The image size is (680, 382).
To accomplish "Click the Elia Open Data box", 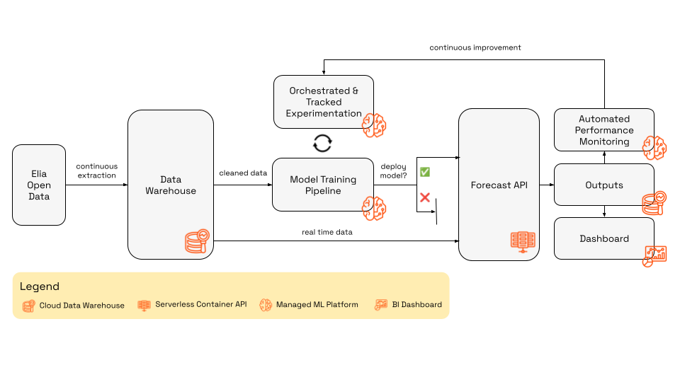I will pos(39,185).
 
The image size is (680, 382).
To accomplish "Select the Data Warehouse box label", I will pos(170,185).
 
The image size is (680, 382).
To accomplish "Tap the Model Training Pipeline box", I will pos(323,185).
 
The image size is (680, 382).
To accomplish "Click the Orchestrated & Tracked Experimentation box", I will pos(323,102).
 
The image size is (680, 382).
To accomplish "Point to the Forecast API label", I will pos(499,185).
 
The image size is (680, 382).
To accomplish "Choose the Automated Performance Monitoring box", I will pos(603,130).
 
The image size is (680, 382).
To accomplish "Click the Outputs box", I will pos(603,185).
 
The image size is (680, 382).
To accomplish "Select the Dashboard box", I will pos(603,238).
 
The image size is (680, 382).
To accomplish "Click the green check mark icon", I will pos(425,172).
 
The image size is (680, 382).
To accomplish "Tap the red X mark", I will pos(425,197).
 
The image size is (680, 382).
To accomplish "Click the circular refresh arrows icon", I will pos(322,144).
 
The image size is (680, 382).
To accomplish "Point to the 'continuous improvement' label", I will pos(475,47).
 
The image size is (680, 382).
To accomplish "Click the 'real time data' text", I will pos(327,232).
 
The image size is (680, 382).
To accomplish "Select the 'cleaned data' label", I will pos(243,173).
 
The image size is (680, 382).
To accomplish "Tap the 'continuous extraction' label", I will pos(97,170).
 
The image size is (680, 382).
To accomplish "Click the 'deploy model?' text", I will pos(394,170).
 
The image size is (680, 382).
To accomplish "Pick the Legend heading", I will pos(40,286).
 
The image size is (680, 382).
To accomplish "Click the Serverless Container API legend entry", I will pos(192,305).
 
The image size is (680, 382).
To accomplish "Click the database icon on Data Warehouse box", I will pos(195,241).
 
